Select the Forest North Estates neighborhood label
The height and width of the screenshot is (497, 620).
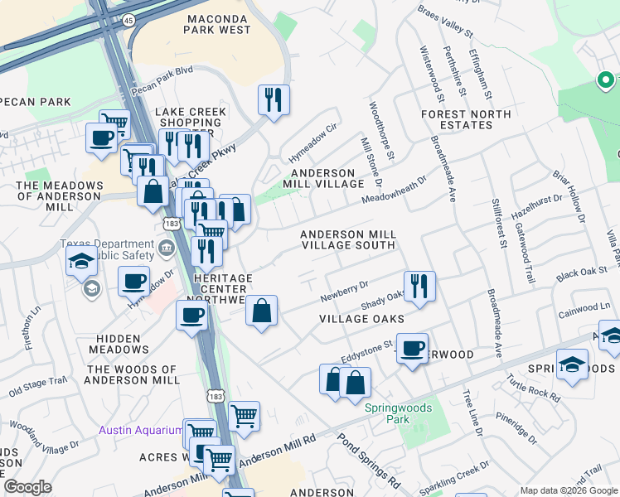pos(467,118)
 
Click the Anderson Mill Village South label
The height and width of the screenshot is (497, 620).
pos(347,240)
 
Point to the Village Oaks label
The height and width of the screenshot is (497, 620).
pos(362,319)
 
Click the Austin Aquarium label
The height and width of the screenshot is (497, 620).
pos(140,430)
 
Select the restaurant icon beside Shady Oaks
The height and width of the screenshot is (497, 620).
pos(419,286)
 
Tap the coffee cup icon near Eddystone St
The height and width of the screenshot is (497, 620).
pos(411,348)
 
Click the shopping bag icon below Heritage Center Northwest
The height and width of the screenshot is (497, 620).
pos(261,312)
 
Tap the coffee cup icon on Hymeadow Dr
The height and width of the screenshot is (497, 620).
pos(133,282)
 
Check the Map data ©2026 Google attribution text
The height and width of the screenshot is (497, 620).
pos(569,490)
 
